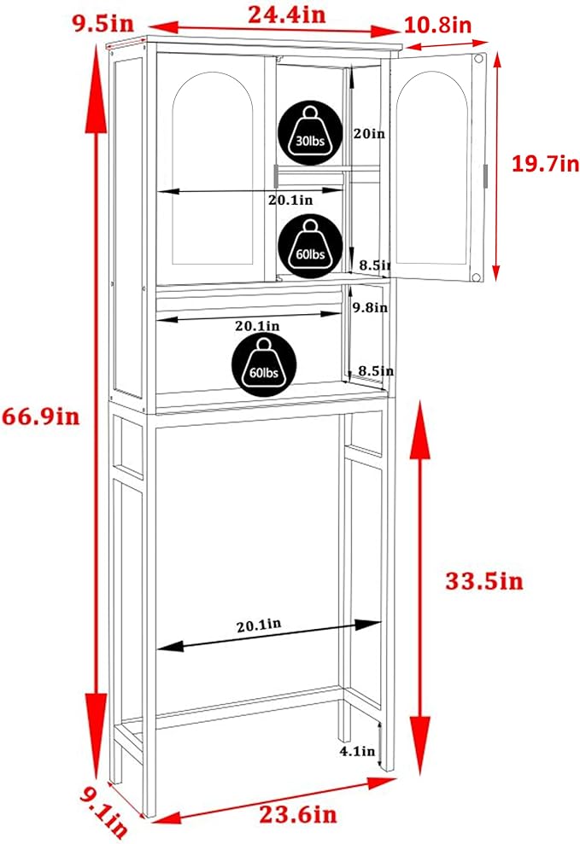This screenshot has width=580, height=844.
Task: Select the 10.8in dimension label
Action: tap(437, 26)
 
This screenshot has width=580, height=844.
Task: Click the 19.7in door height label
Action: tap(544, 164)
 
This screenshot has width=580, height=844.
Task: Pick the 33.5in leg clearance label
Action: tap(483, 582)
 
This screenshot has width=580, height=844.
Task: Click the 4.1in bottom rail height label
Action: tap(357, 752)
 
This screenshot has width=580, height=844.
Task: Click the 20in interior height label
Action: tap(369, 133)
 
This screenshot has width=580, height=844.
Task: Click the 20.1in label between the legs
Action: tap(259, 625)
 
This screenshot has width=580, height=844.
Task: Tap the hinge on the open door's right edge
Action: tap(485, 174)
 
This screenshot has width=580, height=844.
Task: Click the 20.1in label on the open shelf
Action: tap(257, 326)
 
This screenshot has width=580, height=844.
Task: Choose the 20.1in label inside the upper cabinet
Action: tap(290, 200)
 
